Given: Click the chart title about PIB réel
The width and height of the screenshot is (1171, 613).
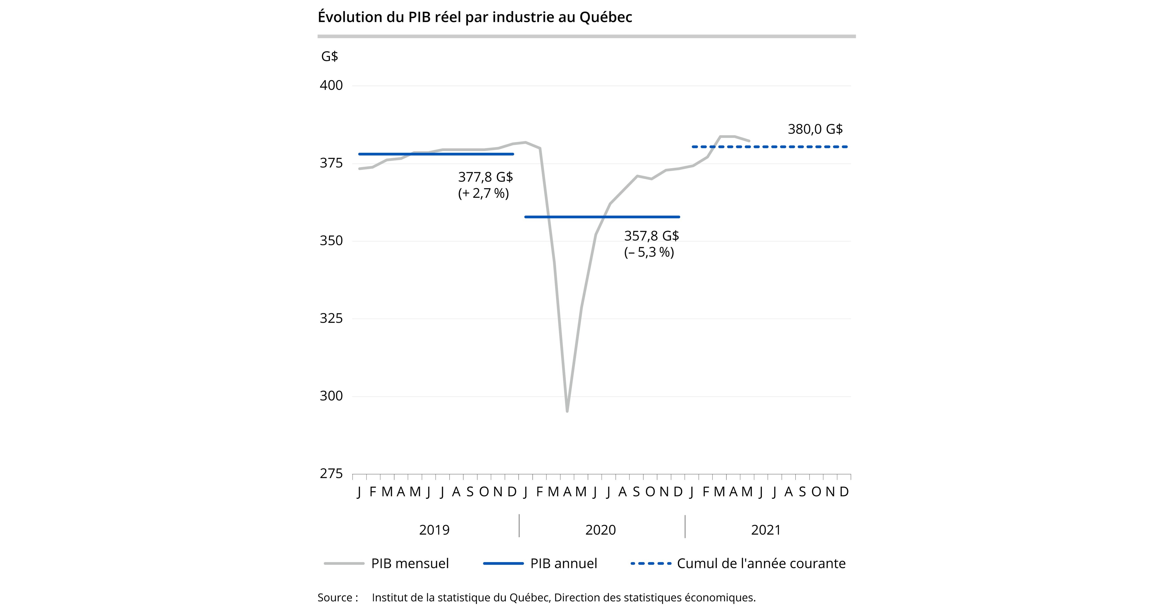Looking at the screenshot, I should tap(475, 17).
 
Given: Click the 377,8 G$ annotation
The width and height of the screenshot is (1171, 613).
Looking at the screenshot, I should tap(485, 177).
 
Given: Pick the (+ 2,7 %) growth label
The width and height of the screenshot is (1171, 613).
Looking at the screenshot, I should tap(483, 194).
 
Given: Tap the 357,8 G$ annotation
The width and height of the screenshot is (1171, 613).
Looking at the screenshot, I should tap(651, 236).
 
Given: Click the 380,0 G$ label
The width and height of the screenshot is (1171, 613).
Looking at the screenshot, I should tap(815, 130).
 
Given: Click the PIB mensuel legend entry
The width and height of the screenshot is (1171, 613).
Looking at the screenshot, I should tap(409, 563).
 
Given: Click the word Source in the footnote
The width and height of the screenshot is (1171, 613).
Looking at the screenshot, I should tap(334, 598).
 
